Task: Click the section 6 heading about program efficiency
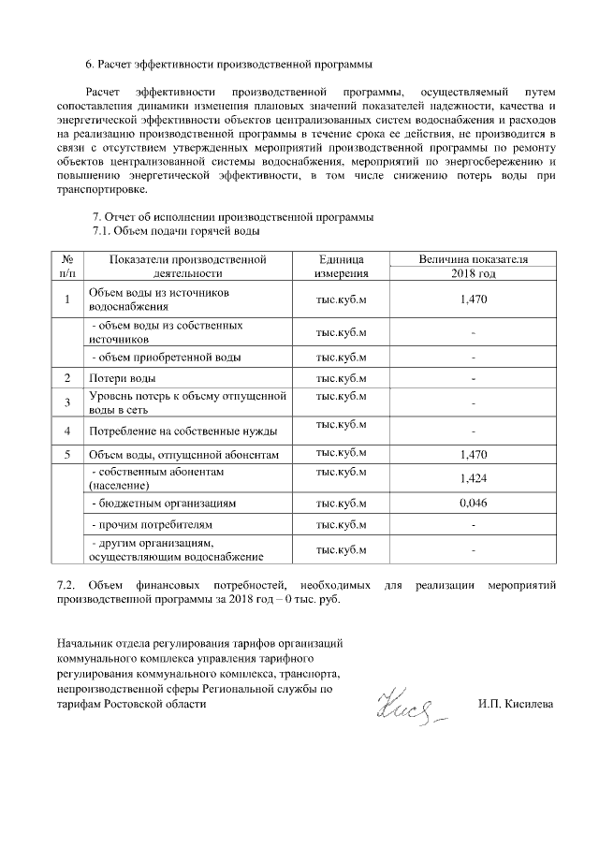[x=228, y=65]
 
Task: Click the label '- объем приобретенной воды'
[x=166, y=357]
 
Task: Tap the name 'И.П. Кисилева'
[x=515, y=702]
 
